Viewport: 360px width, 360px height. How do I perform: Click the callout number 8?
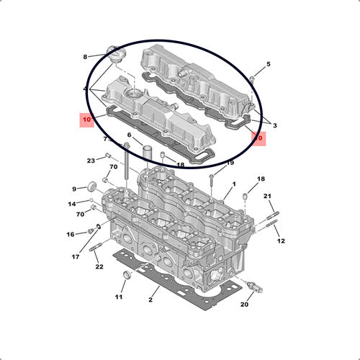point(85,56)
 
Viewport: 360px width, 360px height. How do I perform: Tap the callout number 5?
point(269,65)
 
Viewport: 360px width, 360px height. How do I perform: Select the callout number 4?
point(86,90)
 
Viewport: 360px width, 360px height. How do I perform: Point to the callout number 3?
point(274,126)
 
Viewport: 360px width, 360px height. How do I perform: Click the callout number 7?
point(104,138)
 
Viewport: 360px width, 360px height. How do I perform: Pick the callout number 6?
point(130,135)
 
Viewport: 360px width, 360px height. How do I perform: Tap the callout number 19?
point(230,163)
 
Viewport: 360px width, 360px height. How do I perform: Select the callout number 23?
point(91,160)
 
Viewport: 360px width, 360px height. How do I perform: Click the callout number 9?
point(73,189)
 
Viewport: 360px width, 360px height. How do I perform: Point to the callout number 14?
point(71,204)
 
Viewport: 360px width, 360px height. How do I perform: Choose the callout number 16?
point(71,235)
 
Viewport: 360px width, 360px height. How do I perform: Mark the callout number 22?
point(99,266)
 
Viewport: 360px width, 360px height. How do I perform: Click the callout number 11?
point(120,297)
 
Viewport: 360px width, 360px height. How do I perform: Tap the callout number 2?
point(150,299)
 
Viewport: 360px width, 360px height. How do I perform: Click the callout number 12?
point(281,240)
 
